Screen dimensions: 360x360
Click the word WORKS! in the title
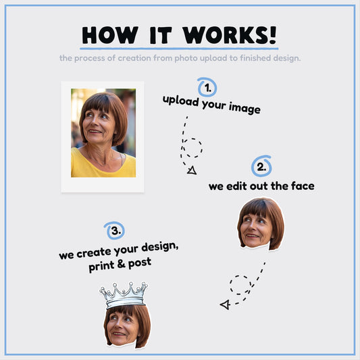point(230,35)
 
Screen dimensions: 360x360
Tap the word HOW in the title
point(110,35)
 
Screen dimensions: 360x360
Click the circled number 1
point(207,87)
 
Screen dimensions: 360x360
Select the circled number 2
point(261,166)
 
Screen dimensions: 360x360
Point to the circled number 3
point(115,230)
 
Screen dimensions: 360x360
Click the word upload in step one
point(181,101)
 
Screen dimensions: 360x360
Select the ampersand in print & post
point(121,264)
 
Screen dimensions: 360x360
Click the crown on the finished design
point(124,295)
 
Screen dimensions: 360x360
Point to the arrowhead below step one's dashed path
point(192,170)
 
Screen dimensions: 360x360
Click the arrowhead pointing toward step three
point(225,305)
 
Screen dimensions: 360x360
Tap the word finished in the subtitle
point(255,58)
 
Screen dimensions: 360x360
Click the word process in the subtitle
point(90,59)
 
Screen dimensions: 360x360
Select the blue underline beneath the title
point(179,49)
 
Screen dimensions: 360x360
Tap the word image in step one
point(245,108)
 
